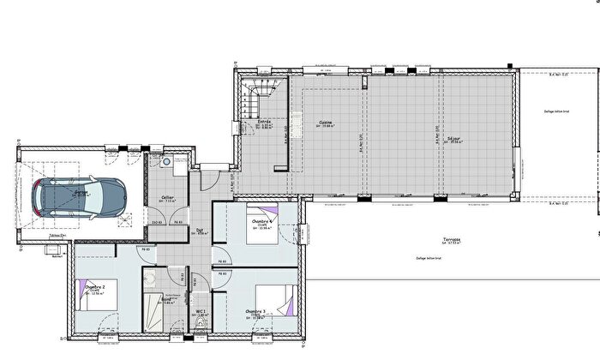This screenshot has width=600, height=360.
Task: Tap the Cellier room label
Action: (x=168, y=197)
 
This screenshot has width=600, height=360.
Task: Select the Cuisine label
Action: (x=326, y=123)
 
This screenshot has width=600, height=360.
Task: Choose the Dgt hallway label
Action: (x=199, y=230)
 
